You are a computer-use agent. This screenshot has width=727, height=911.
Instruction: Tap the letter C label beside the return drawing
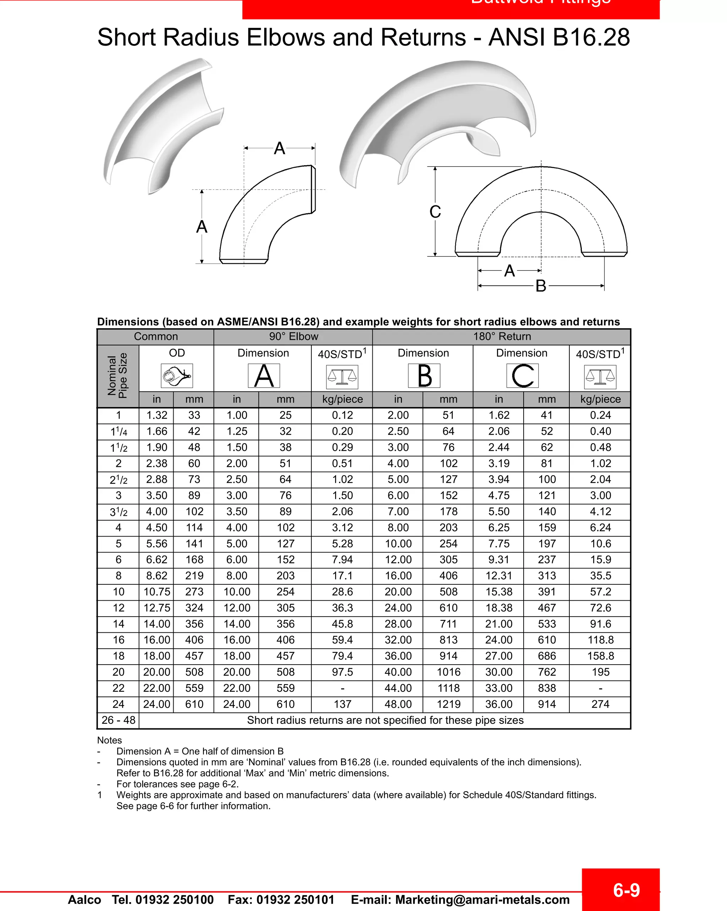435,212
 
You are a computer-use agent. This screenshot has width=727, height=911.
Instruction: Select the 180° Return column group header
502,336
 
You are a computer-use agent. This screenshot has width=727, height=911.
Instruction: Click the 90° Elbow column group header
294,336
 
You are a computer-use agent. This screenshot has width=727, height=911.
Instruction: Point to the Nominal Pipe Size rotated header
117,375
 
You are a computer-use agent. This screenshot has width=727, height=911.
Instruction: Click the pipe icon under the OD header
177,375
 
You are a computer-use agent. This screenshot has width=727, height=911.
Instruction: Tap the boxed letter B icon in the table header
424,375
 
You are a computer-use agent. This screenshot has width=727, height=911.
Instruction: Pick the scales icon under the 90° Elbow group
342,377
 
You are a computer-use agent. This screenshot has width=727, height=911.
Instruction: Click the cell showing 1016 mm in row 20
448,672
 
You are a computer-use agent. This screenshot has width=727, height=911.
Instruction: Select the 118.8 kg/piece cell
600,640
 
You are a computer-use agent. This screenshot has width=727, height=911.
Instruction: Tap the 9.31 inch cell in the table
499,560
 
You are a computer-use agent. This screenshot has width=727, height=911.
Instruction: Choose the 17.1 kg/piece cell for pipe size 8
342,576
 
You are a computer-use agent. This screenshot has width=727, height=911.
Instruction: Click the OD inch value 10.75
157,592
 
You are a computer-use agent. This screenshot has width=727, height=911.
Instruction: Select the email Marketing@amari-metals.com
482,900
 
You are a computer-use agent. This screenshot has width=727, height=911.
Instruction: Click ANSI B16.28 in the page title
559,37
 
